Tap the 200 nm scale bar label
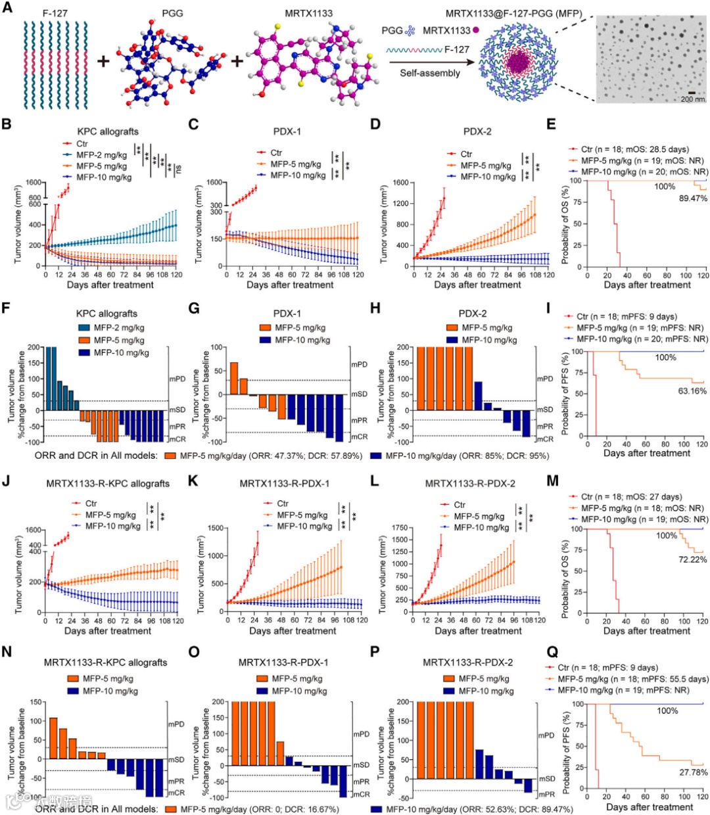[x=692, y=99]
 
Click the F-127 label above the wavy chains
[x=55, y=13]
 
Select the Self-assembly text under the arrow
[x=430, y=73]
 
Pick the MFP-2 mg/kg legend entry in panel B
[x=101, y=155]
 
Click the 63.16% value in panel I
[x=692, y=391]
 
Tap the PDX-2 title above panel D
[x=477, y=131]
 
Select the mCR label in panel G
[x=359, y=437]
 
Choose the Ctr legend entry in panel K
[x=283, y=503]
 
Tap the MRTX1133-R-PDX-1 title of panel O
[x=284, y=663]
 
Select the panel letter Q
[x=553, y=652]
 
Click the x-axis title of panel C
[x=290, y=285]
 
